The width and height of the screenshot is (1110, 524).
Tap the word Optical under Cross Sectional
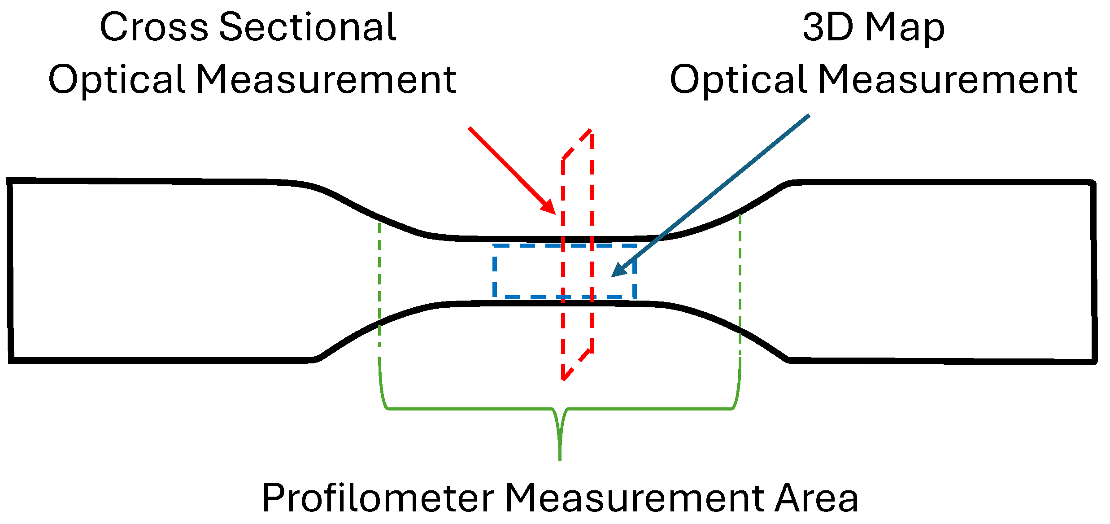click(117, 80)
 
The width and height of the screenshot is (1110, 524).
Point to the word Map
click(905, 28)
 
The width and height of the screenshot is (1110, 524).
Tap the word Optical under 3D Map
click(738, 80)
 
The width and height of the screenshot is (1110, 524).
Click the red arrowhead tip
click(554, 213)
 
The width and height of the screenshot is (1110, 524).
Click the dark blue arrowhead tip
click(613, 276)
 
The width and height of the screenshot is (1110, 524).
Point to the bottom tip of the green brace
click(560, 458)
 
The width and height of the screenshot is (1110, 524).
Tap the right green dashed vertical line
click(740, 287)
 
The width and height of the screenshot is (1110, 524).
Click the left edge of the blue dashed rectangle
click(495, 271)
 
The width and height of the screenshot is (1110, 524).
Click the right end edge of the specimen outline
click(1093, 271)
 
